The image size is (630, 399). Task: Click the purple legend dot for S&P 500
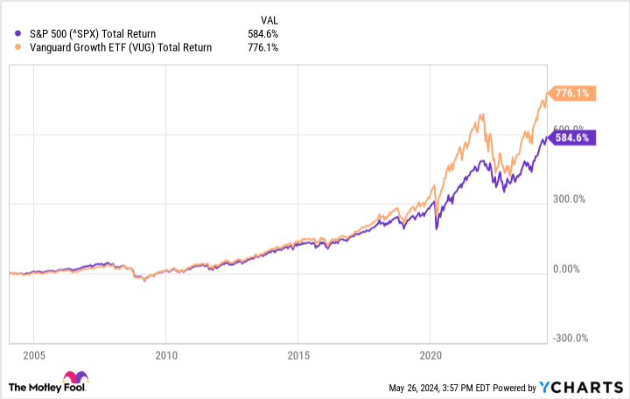coord(19,34)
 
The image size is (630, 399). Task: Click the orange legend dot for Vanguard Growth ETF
coord(19,47)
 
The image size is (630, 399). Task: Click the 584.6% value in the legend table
coord(262,34)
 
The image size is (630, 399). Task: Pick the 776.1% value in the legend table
coord(262,47)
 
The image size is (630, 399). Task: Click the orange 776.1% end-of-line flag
coord(573,93)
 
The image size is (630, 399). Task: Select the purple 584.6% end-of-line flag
coord(573,136)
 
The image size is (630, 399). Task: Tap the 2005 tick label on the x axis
coord(33,356)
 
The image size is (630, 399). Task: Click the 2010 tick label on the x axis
coord(165,356)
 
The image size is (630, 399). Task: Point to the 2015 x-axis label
coord(297,356)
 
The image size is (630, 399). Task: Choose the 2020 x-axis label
coord(430,356)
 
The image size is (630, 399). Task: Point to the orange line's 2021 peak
coord(480,114)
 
